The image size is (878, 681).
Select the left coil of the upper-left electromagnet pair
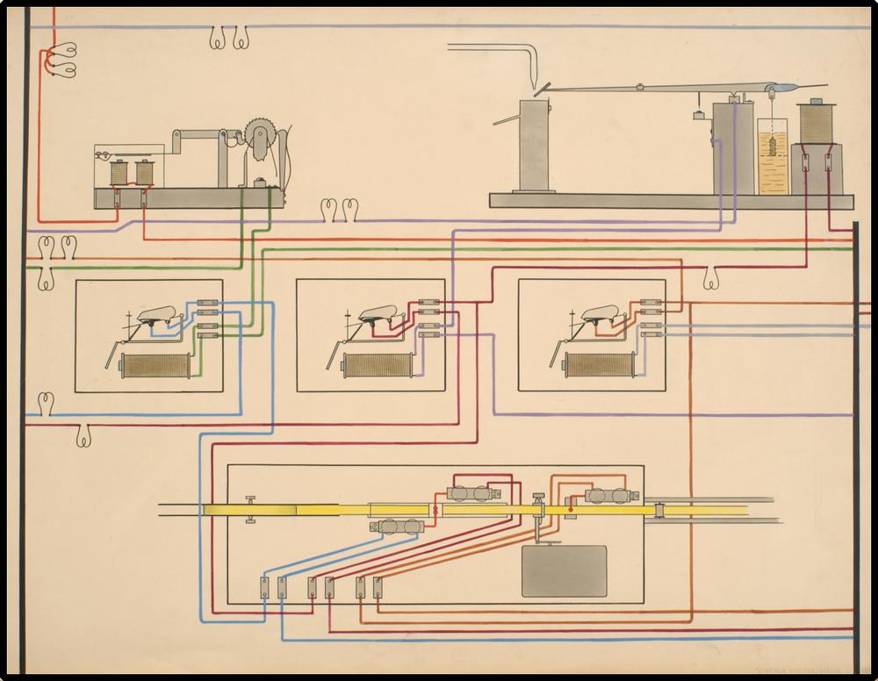tap(116, 172)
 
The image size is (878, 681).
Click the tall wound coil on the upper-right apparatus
tap(815, 122)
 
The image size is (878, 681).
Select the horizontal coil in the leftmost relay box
tap(155, 365)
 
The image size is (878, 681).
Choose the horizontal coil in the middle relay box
tap(377, 365)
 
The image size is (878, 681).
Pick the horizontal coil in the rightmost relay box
tap(599, 364)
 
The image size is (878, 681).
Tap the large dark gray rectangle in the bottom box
tap(564, 570)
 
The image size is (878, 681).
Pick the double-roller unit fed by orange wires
tap(610, 496)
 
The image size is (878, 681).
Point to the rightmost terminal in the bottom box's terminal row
tap(377, 587)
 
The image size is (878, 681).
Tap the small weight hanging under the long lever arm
tap(697, 114)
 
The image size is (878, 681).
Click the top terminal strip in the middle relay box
tap(429, 302)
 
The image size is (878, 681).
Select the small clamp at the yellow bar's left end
tap(250, 510)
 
